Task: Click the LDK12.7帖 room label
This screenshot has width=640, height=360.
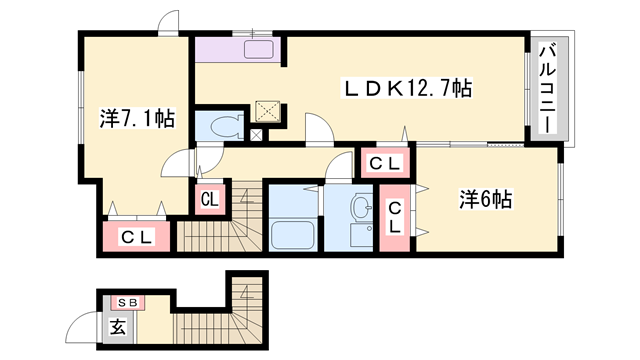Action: click(407, 88)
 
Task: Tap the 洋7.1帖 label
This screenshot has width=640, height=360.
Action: click(137, 119)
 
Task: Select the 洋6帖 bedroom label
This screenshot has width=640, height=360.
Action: click(485, 200)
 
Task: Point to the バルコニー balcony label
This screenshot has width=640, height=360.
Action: click(548, 89)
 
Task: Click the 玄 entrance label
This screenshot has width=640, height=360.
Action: click(118, 327)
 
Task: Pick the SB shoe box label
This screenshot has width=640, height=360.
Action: click(128, 303)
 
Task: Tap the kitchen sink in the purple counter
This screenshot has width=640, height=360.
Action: click(259, 49)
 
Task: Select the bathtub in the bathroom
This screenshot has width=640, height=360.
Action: click(293, 236)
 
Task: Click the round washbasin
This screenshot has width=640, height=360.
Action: click(361, 204)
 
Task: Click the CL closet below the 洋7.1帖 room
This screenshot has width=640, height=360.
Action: click(137, 236)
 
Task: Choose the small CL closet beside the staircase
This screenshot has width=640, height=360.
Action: click(210, 200)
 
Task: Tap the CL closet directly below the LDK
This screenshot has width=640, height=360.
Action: click(385, 163)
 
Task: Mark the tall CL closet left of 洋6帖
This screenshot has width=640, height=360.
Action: click(394, 218)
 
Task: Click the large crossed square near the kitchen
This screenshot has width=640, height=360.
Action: click(268, 111)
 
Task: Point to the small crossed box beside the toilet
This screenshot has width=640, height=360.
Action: click(256, 136)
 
